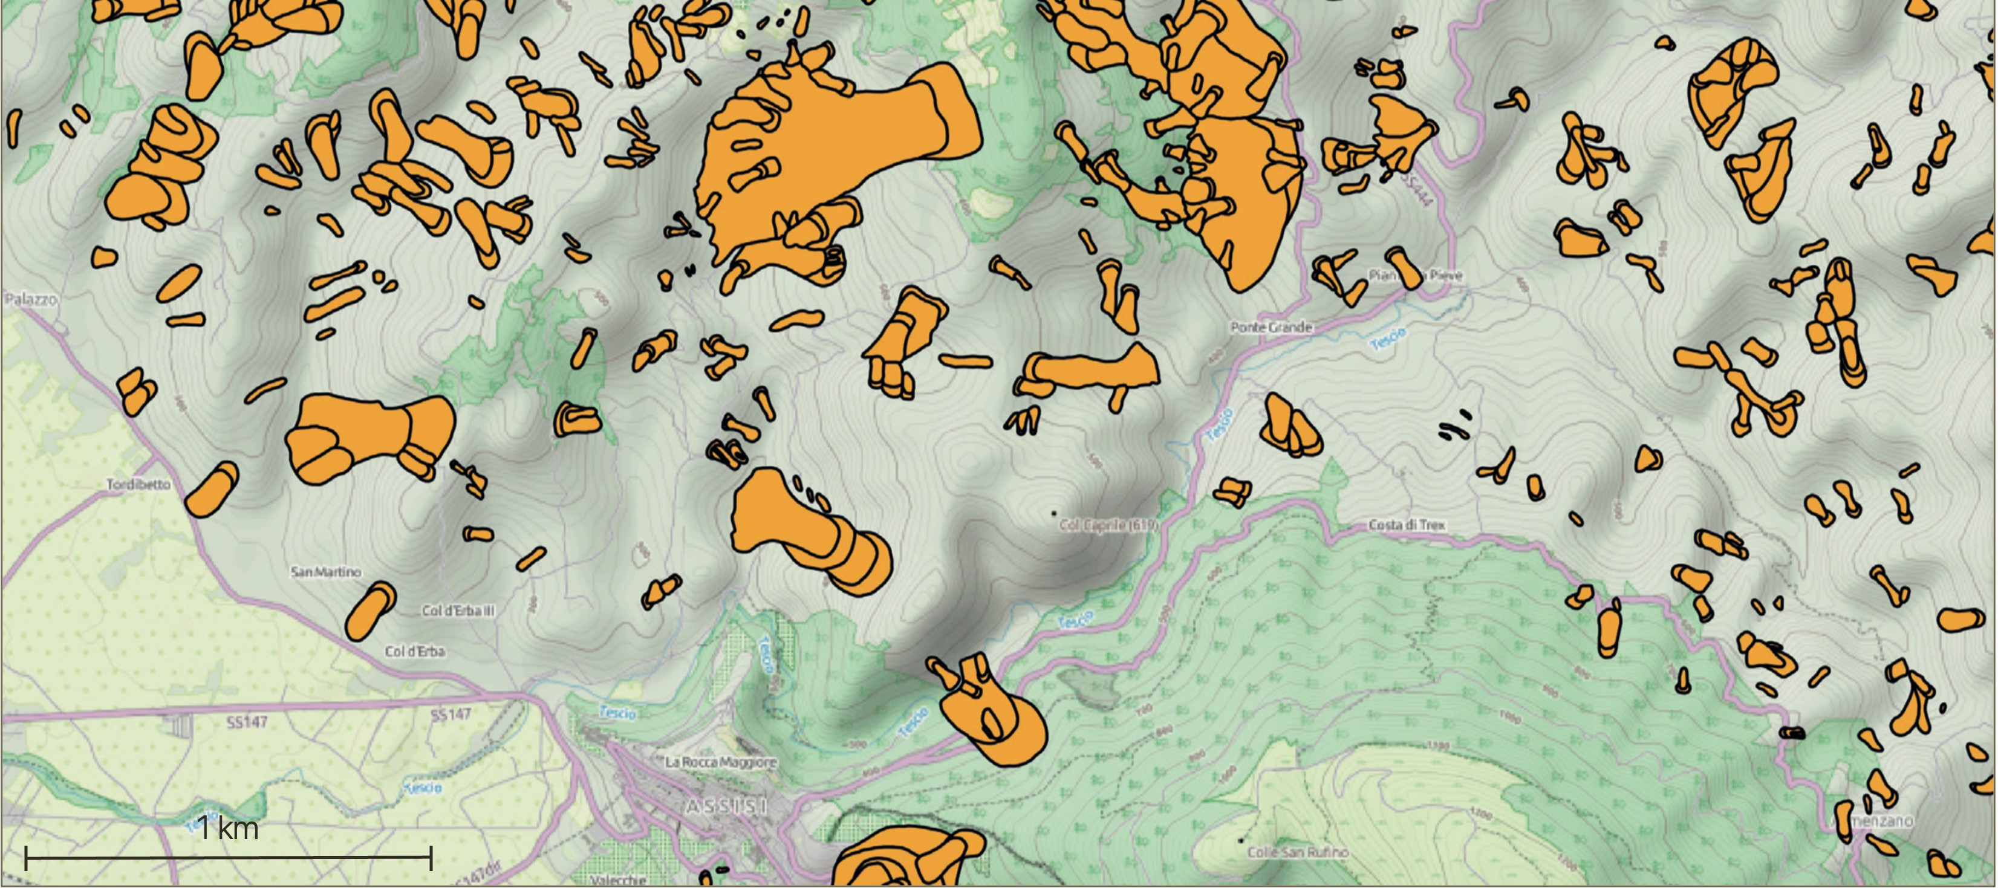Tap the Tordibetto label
pos(138,485)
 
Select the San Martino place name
pos(326,572)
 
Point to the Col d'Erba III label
pos(458,611)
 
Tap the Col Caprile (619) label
pos(1108,526)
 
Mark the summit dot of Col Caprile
pos(1053,513)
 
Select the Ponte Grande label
pos(1271,327)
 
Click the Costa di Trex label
pos(1407,525)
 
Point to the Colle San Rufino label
pos(1298,852)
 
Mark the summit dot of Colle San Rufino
pos(1240,840)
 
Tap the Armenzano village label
pos(1881,820)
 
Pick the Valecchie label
pos(618,880)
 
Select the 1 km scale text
pos(227,828)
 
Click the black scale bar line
pos(228,858)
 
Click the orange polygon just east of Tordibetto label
pos(212,488)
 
